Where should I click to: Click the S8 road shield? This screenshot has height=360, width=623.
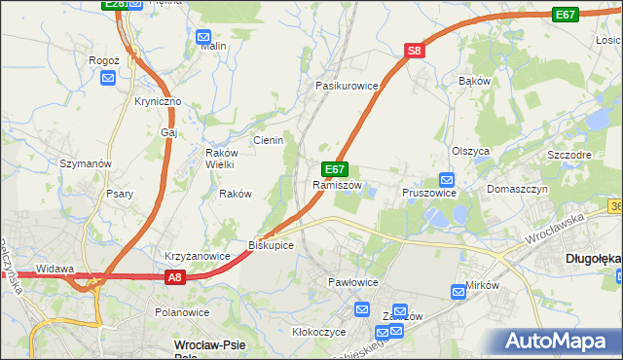click(415, 52)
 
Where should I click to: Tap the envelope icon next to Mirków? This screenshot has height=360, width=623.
click(459, 291)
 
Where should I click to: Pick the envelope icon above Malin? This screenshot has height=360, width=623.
click(204, 38)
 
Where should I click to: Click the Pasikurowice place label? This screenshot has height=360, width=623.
click(347, 86)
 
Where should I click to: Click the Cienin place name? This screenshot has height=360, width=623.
click(268, 140)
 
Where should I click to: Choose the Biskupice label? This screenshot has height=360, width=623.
click(272, 244)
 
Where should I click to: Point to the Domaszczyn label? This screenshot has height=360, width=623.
click(518, 189)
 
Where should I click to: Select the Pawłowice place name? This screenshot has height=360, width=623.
click(352, 281)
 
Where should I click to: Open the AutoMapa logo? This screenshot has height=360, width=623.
click(559, 342)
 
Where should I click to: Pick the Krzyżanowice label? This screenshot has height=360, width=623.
click(197, 256)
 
